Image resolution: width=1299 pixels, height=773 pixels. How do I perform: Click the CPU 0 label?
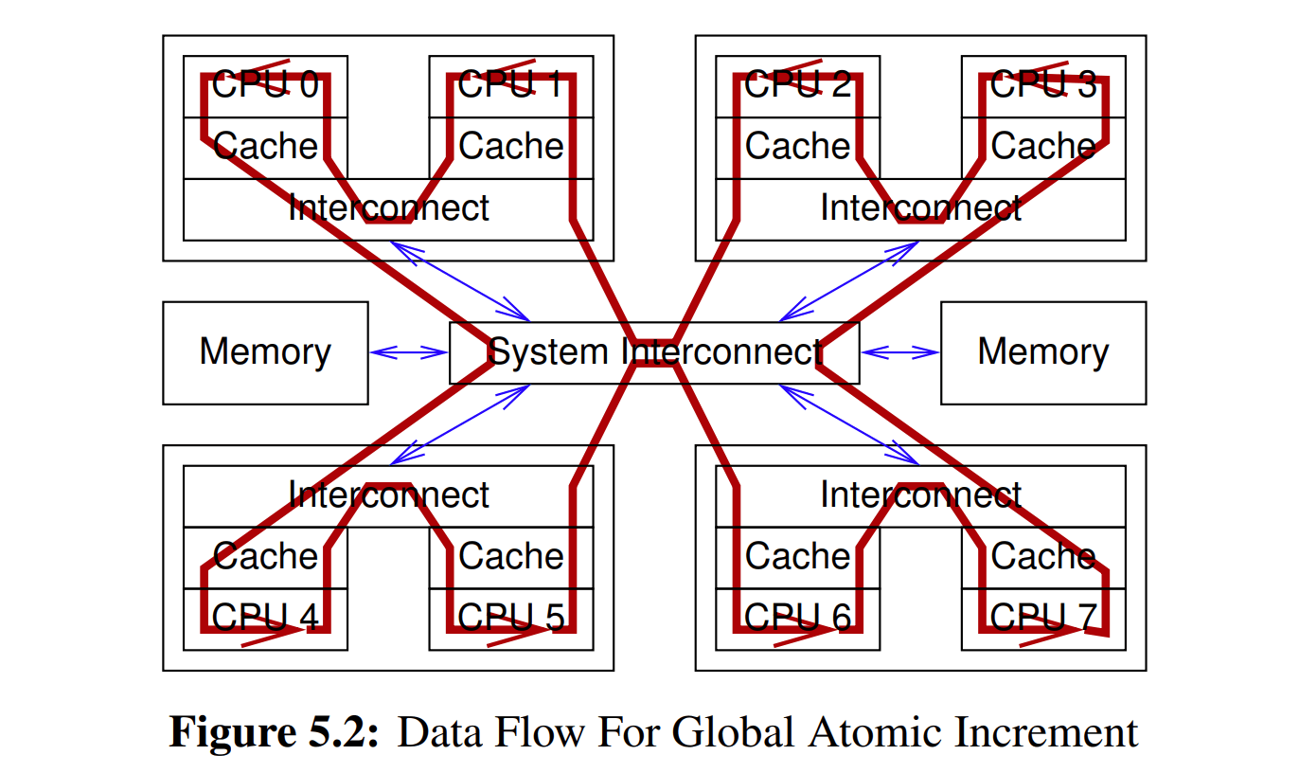(265, 85)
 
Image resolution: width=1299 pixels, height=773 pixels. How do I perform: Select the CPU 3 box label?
(1043, 85)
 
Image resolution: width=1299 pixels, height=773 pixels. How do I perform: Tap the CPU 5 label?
(511, 619)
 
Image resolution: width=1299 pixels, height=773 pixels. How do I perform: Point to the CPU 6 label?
(797, 619)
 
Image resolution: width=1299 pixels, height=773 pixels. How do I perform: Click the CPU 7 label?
(1043, 619)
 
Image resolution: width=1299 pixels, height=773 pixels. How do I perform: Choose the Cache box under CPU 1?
(511, 147)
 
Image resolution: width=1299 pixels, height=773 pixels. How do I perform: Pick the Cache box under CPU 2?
(797, 147)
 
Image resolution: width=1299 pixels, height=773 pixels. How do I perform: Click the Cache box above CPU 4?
(265, 556)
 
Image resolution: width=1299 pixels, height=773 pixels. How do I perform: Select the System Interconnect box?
(654, 352)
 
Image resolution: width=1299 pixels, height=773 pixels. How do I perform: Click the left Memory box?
(265, 352)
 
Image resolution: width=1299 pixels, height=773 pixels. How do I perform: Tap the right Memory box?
(1042, 352)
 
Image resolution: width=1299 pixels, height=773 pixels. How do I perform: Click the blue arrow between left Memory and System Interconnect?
(408, 352)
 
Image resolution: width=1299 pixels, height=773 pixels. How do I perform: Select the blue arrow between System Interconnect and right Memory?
(899, 352)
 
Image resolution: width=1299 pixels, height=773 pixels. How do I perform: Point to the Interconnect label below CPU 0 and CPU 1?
(388, 208)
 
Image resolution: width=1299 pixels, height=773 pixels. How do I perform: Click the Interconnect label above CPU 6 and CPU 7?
(920, 495)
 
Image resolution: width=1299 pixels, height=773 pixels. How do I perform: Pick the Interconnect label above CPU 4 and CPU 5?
(388, 495)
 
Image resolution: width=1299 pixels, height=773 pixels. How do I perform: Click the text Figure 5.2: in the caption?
(274, 732)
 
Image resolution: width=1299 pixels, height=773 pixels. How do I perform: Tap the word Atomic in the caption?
(871, 732)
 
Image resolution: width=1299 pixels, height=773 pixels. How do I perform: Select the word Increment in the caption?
(1045, 732)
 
